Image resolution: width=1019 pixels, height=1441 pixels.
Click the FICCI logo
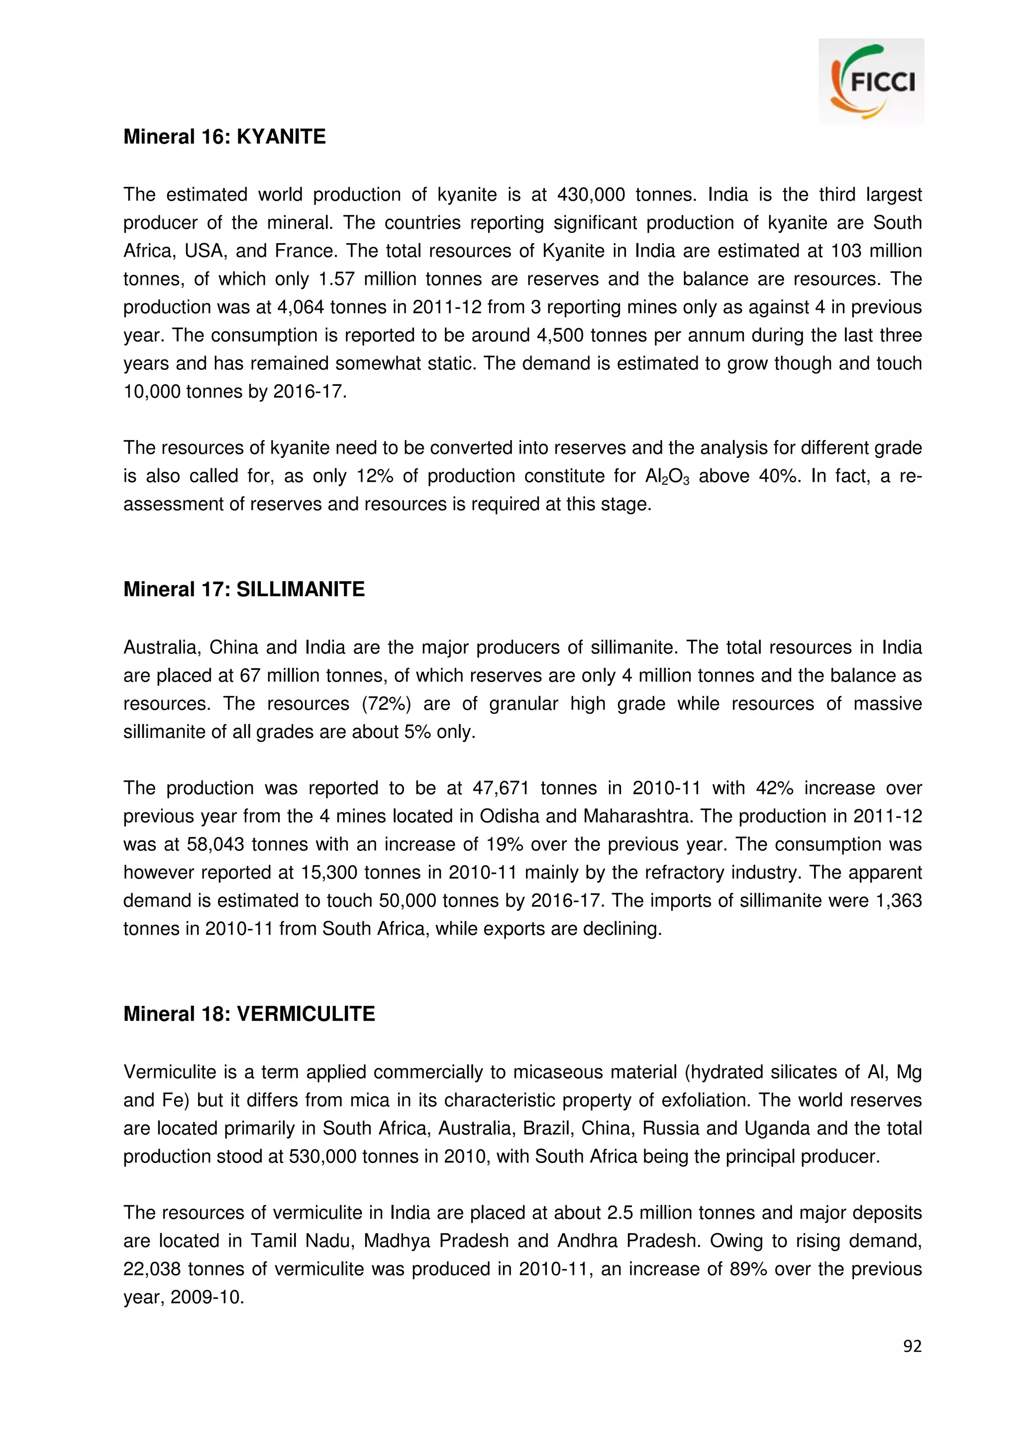pyautogui.click(x=871, y=81)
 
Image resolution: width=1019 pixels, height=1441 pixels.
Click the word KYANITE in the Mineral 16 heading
pyautogui.click(x=281, y=137)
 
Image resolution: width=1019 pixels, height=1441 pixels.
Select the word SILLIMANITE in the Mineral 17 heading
pyautogui.click(x=300, y=589)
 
